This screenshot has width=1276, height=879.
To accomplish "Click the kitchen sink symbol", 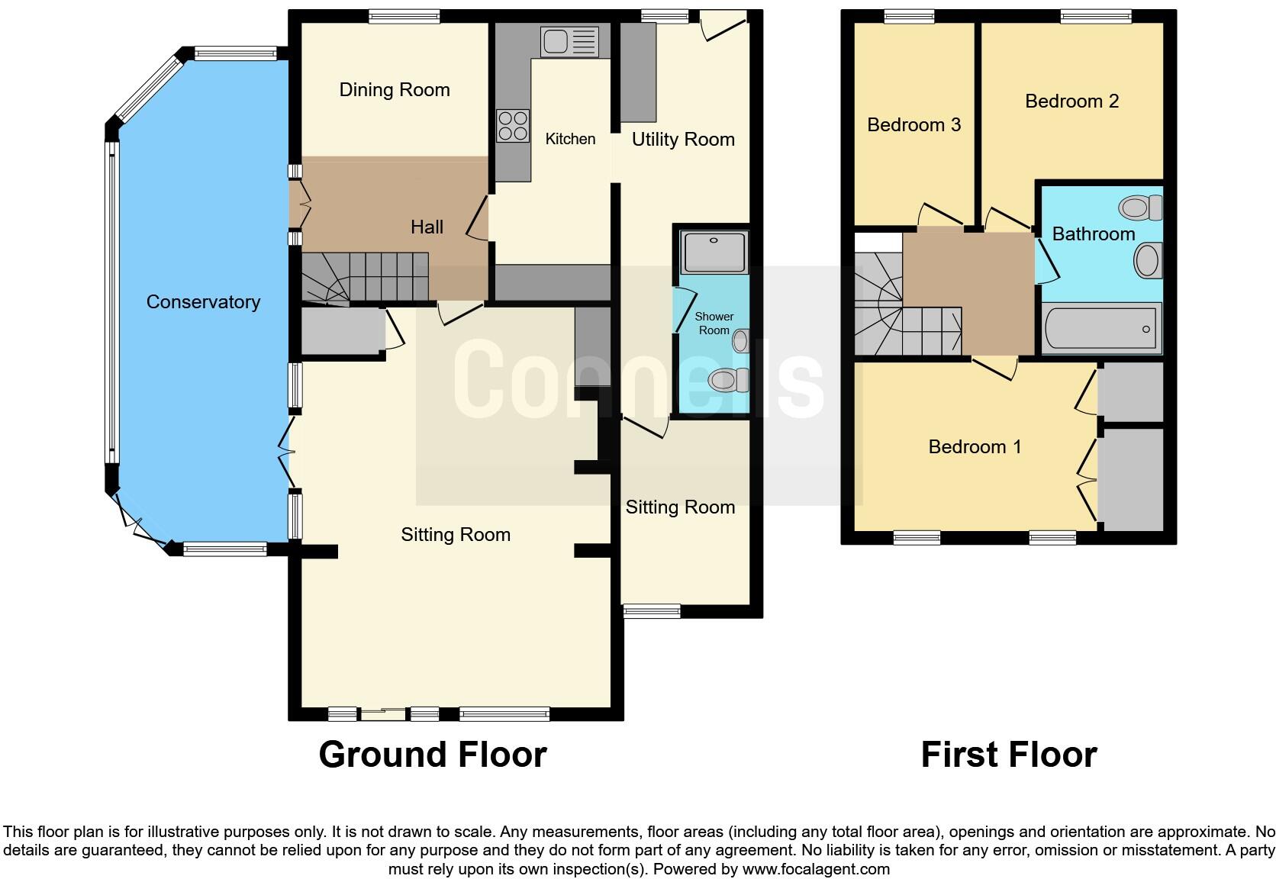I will pos(569,42).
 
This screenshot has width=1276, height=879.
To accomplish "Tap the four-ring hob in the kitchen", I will pos(513,126).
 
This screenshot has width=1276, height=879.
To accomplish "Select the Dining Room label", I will pos(395,90).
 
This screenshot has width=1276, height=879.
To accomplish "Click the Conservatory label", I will pos(203,302).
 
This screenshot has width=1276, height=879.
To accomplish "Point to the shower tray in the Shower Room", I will pos(714,251).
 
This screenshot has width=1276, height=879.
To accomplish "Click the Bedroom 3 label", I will pos(913,125).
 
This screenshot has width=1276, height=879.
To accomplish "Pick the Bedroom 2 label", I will pos(1071,101).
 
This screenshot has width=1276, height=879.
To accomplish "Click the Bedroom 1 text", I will pos(975,447).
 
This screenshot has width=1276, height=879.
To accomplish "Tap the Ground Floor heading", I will pos(433,755).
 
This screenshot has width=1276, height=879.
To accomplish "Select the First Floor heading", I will pos(1009,755).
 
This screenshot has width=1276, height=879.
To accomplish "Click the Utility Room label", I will pos(683,140).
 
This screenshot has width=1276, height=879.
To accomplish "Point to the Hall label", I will pos(427,227).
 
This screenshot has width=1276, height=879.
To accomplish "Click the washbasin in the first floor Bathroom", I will pos(1147,261).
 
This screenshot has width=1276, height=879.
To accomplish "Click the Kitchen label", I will pos(570,139).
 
